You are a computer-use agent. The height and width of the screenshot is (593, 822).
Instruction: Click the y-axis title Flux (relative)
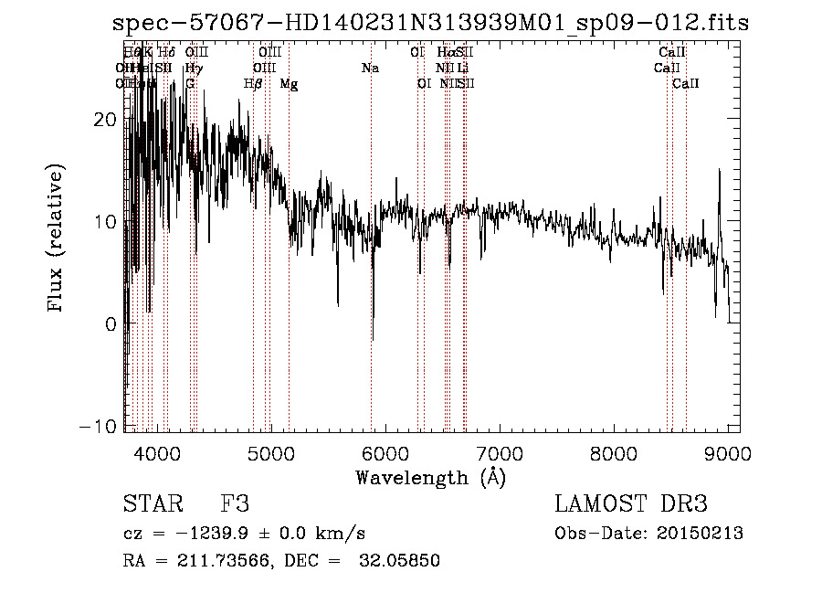(57, 239)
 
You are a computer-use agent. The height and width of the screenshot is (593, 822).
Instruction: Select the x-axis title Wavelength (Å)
(430, 477)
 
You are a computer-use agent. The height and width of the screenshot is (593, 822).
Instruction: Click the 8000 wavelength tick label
(614, 451)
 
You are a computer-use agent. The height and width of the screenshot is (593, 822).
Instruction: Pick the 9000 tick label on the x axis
(727, 451)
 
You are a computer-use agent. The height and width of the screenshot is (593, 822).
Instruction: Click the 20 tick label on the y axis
(108, 120)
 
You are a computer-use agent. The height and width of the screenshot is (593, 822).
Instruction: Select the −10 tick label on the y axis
(102, 426)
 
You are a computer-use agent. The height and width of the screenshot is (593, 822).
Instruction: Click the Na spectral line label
(370, 69)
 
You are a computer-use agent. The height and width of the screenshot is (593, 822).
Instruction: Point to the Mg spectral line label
(289, 84)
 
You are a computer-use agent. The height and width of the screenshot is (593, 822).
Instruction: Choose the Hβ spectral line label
(253, 84)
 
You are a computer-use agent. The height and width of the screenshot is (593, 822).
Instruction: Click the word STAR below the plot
(152, 504)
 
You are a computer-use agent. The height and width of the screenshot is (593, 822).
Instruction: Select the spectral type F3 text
(235, 504)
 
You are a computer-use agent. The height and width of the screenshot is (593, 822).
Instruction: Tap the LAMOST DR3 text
(630, 504)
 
